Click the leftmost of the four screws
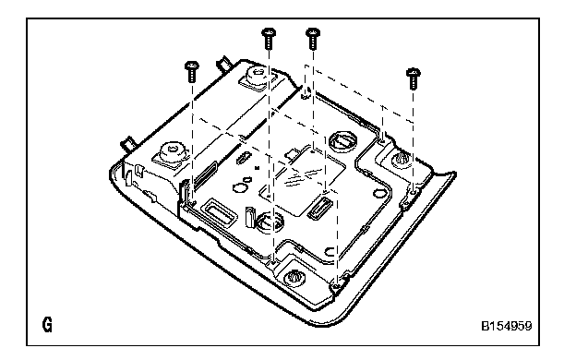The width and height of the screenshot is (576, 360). coord(192,72)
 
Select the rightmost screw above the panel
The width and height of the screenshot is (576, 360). coord(414,78)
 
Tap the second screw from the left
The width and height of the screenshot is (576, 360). coord(269,38)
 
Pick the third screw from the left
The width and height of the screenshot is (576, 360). coord(313,38)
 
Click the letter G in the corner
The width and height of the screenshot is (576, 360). coord(47,325)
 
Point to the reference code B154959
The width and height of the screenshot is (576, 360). coord(507,326)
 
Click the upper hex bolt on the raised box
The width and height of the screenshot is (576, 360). coord(257,76)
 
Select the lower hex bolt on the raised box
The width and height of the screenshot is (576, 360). coord(171,153)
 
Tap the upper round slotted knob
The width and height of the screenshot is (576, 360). coord(342,141)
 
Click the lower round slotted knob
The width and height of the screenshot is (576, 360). coord(270,223)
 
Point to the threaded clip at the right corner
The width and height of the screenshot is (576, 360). coord(402,161)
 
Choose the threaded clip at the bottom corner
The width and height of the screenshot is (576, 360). coord(294,276)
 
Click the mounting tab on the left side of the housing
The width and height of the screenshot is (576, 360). coord(129,144)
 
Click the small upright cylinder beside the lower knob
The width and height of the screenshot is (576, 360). coord(250,216)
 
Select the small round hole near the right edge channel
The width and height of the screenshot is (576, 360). coord(378,193)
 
